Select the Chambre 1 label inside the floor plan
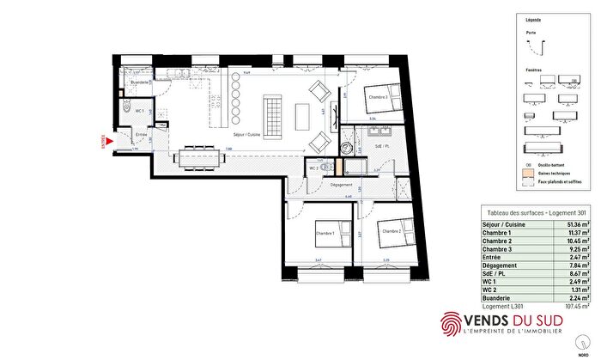(325, 233)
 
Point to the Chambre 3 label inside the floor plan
(379, 97)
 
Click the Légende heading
(533, 17)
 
